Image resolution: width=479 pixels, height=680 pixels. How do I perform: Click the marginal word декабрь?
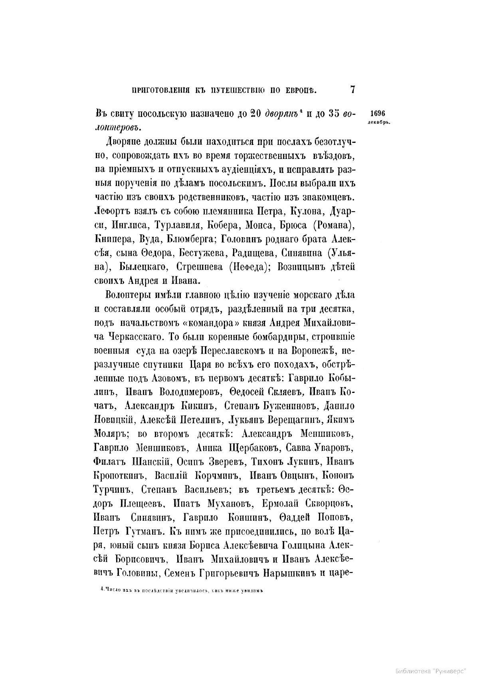pyautogui.click(x=378, y=122)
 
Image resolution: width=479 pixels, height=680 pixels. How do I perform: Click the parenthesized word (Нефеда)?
pyautogui.click(x=244, y=267)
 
